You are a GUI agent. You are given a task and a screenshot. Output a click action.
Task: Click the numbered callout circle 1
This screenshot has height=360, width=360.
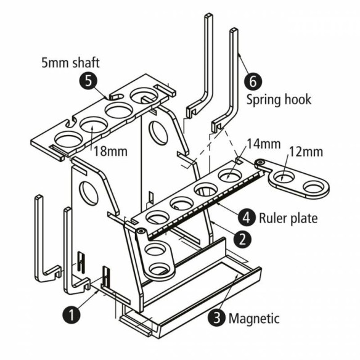click(x=72, y=314)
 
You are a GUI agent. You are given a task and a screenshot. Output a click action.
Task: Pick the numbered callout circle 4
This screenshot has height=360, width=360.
click(x=246, y=217)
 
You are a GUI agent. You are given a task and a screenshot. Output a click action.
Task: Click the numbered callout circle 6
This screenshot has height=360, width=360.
click(x=253, y=80)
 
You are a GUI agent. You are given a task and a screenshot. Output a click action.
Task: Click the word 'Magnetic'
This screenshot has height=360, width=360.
click(x=254, y=319)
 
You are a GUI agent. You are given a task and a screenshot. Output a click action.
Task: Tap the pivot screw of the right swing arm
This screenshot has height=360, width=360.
click(x=262, y=163)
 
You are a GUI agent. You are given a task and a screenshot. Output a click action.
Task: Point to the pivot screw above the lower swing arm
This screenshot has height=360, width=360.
click(x=141, y=231)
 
